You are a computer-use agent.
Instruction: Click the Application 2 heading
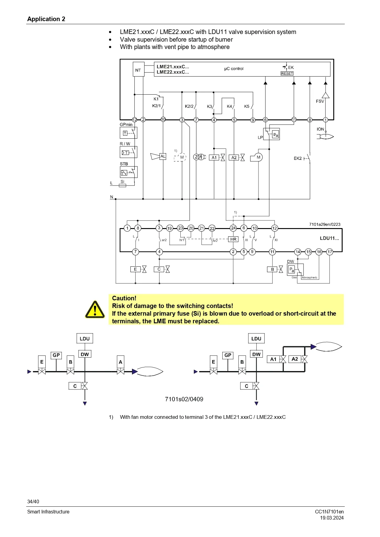(46, 19)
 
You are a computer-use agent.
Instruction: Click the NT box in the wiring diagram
(138, 70)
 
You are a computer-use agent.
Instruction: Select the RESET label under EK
(287, 73)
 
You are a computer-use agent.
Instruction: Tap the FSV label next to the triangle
(320, 101)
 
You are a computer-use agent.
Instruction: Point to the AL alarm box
(163, 156)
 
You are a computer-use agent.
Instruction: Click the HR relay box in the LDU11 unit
(233, 239)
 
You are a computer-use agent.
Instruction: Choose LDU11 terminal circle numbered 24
(233, 228)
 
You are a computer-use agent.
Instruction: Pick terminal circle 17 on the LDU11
(329, 252)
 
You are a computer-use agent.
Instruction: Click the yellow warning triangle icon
(95, 309)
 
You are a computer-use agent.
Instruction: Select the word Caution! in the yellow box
(124, 298)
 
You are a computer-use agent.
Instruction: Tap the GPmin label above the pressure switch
(126, 125)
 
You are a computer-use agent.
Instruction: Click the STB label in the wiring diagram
(124, 164)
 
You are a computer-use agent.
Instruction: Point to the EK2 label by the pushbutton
(298, 158)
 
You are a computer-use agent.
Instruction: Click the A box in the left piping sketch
(120, 362)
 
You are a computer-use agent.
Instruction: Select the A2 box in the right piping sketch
(295, 359)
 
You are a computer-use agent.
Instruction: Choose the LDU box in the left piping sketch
(85, 339)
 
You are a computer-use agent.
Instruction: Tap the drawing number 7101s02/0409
(184, 399)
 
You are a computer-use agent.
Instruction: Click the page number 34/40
(33, 501)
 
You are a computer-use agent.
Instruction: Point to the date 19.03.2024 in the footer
(332, 518)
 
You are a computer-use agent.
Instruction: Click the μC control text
(234, 69)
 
